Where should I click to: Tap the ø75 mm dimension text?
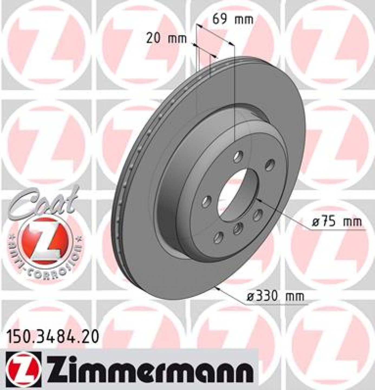[x=336, y=222]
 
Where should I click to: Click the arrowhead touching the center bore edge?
[x=258, y=200]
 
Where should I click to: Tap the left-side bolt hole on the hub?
[x=207, y=202]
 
